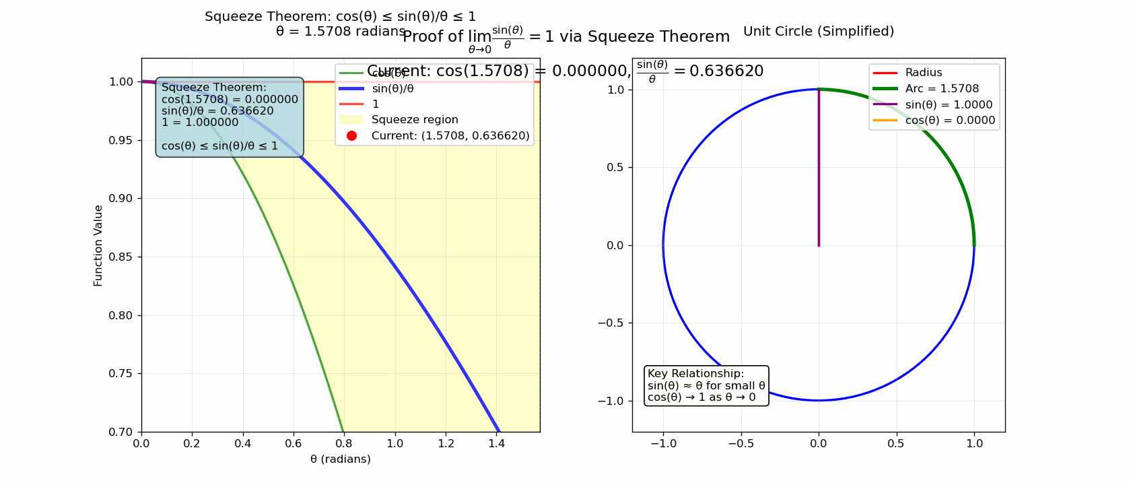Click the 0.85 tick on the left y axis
pyautogui.click(x=121, y=257)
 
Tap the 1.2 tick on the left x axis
pyautogui.click(x=446, y=443)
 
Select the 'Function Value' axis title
pyautogui.click(x=98, y=246)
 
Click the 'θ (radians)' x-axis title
pyautogui.click(x=341, y=459)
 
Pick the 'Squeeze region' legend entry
pyautogui.click(x=415, y=120)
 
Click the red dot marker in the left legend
pyautogui.click(x=351, y=136)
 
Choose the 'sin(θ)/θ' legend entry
pyautogui.click(x=392, y=88)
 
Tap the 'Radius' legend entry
pyautogui.click(x=923, y=73)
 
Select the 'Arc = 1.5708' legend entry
pyautogui.click(x=942, y=89)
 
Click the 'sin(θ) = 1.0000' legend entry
pyautogui.click(x=949, y=105)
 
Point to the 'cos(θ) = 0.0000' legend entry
pyautogui.click(x=950, y=121)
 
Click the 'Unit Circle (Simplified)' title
pyautogui.click(x=819, y=32)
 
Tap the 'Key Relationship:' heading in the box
pyautogui.click(x=695, y=374)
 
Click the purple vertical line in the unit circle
pyautogui.click(x=819, y=168)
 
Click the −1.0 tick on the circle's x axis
pyautogui.click(x=663, y=443)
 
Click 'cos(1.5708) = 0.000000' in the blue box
pyautogui.click(x=230, y=100)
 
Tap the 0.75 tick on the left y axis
pyautogui.click(x=121, y=374)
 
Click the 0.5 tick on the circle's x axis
pyautogui.click(x=896, y=443)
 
